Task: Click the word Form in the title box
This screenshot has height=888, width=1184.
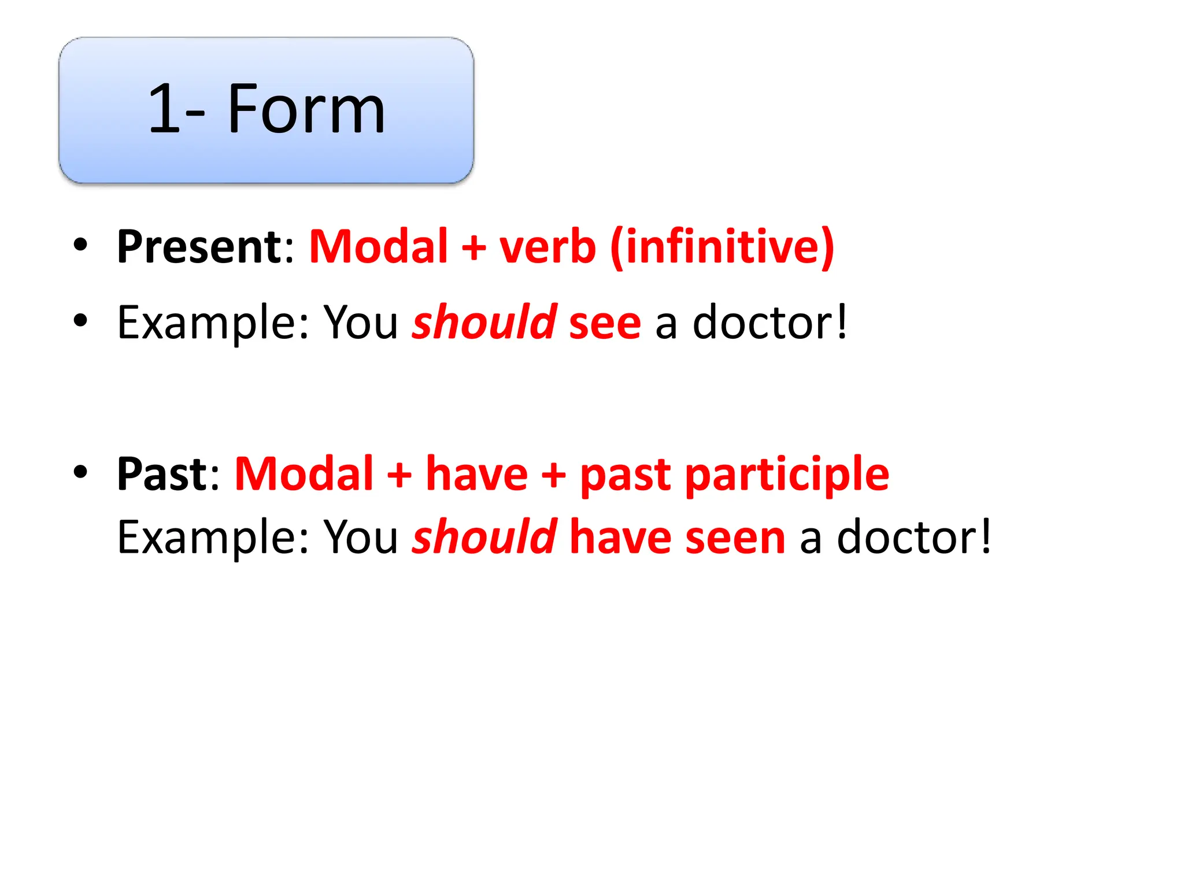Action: pyautogui.click(x=306, y=109)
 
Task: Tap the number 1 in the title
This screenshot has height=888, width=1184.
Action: pyautogui.click(x=163, y=109)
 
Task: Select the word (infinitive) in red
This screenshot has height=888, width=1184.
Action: pyautogui.click(x=722, y=247)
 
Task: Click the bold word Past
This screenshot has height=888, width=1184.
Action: pyautogui.click(x=162, y=474)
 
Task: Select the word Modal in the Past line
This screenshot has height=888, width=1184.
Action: pyautogui.click(x=304, y=474)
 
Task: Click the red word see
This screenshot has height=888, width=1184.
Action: pyautogui.click(x=605, y=323)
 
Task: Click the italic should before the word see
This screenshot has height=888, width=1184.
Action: pyautogui.click(x=484, y=322)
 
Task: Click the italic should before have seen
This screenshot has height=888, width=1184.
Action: pyautogui.click(x=484, y=537)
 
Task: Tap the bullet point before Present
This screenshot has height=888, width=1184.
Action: pyautogui.click(x=80, y=245)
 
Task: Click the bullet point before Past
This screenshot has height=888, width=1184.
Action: pyautogui.click(x=80, y=472)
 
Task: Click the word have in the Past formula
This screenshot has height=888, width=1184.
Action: pyautogui.click(x=476, y=474)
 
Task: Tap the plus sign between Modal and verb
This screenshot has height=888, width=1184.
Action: pyautogui.click(x=473, y=247)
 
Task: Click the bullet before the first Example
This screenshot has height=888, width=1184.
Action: pyautogui.click(x=80, y=320)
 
